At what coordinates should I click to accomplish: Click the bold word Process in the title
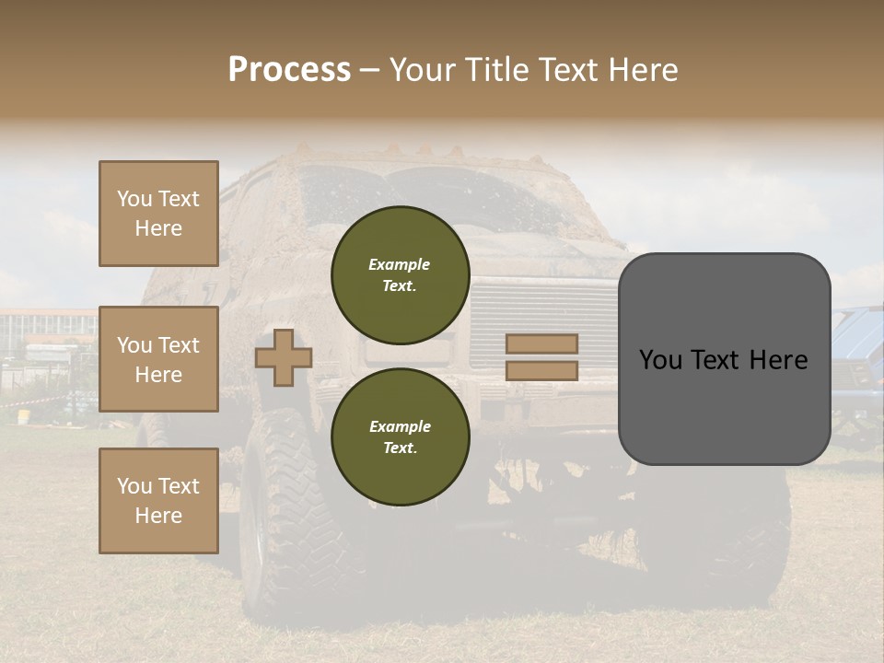point(289,70)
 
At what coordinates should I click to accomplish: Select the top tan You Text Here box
point(158,214)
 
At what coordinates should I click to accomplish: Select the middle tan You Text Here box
point(158,359)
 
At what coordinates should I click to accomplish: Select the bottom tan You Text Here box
point(158,500)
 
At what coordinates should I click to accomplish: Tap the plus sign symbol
point(283,357)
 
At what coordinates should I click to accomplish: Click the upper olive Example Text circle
point(400,274)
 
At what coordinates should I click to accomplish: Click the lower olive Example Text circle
point(400,436)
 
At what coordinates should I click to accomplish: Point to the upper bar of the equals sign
point(541,343)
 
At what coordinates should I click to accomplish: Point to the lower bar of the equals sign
point(541,370)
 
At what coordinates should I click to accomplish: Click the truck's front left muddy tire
point(276,516)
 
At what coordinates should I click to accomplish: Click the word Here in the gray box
point(775,360)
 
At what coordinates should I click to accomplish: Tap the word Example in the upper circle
point(400,264)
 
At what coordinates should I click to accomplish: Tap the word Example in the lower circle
point(400,426)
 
